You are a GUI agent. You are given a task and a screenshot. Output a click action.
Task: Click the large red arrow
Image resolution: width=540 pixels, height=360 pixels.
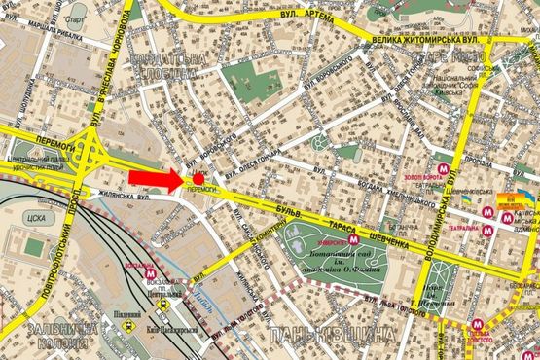156,177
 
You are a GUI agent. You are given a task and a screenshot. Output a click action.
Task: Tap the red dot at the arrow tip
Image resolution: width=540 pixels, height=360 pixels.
198,178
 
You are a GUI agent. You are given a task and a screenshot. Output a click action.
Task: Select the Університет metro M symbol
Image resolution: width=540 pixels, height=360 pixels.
355,235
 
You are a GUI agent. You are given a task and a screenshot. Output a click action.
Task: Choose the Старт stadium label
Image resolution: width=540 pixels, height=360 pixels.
72,18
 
